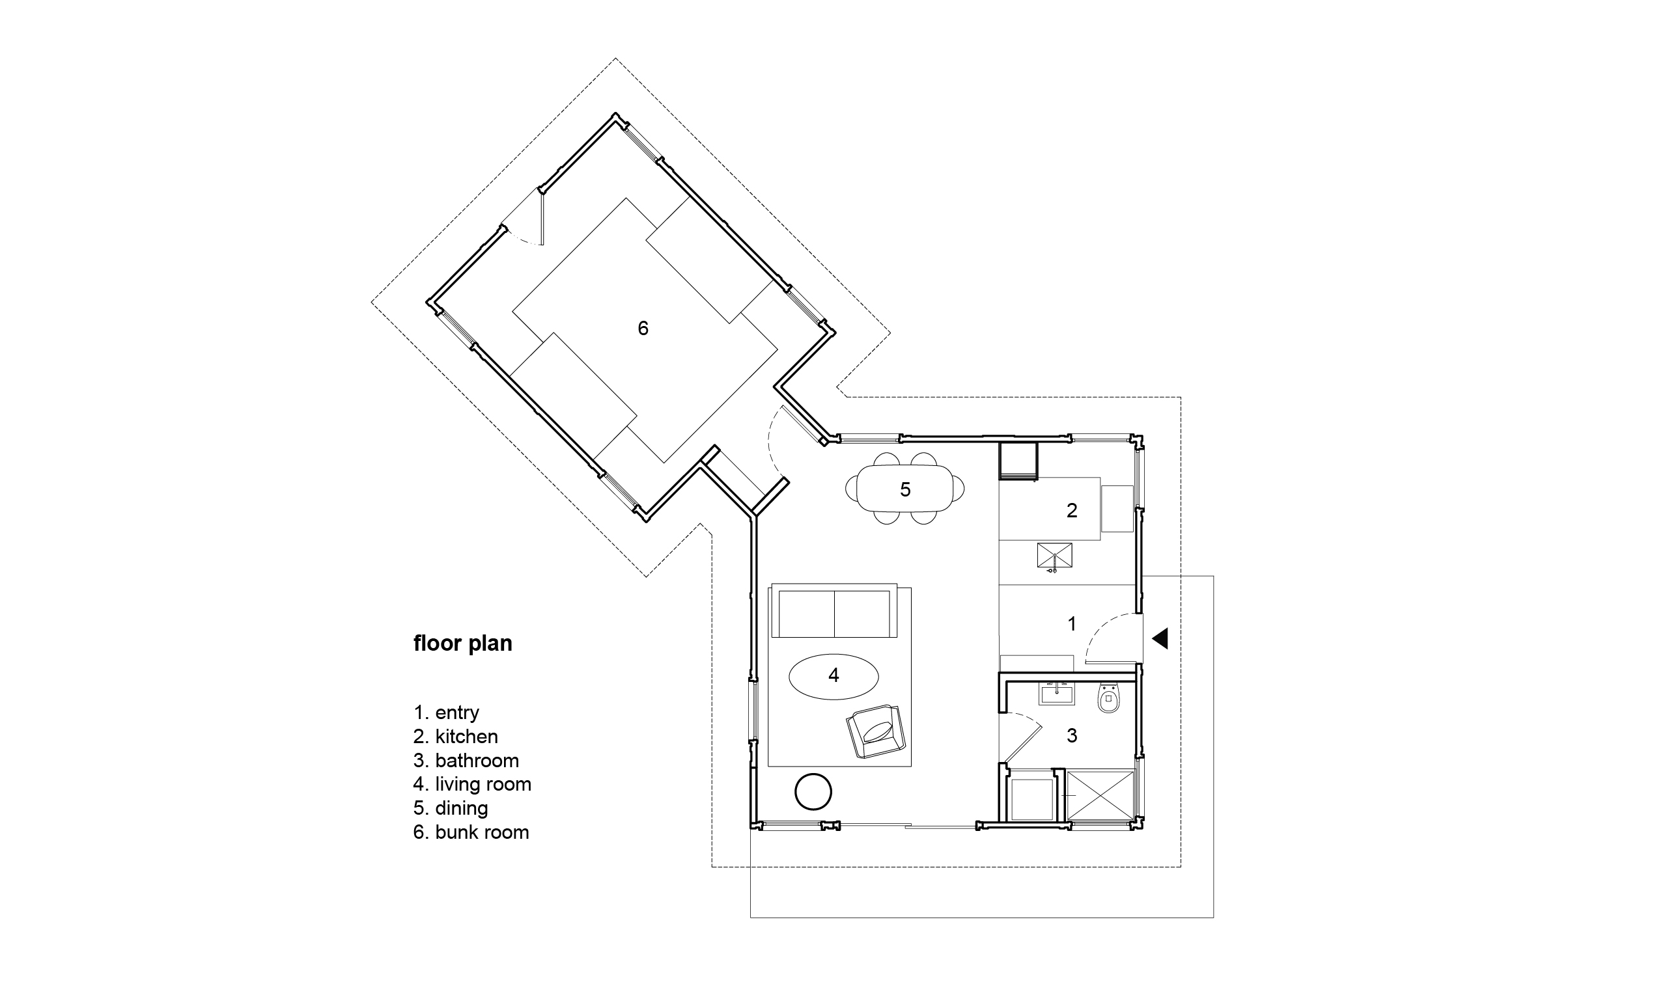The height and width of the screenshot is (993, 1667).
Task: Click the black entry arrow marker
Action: coord(1160,638)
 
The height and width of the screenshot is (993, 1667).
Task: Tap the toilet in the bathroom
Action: coord(1109,699)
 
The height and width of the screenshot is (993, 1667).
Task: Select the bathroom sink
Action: coord(1056,693)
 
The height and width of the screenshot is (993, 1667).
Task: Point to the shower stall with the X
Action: coord(1100,795)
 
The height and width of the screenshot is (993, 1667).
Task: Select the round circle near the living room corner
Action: coord(813,793)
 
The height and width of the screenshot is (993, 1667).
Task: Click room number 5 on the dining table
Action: coord(905,490)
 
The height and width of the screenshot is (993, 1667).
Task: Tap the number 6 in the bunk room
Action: coord(643,328)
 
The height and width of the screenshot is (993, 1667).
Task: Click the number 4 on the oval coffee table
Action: coord(833,676)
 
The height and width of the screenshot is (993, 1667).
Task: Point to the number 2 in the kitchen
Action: coord(1072,511)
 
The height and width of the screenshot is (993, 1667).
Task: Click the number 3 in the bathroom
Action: coord(1072,735)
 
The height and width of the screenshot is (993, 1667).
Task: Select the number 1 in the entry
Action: coord(1072,623)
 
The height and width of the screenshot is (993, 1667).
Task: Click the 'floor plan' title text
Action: coord(462,643)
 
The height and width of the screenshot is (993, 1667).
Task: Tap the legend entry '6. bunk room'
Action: coord(471,832)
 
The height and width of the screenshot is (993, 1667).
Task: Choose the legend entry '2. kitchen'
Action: coord(456,736)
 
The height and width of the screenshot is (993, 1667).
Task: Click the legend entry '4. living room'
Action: coord(473,783)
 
